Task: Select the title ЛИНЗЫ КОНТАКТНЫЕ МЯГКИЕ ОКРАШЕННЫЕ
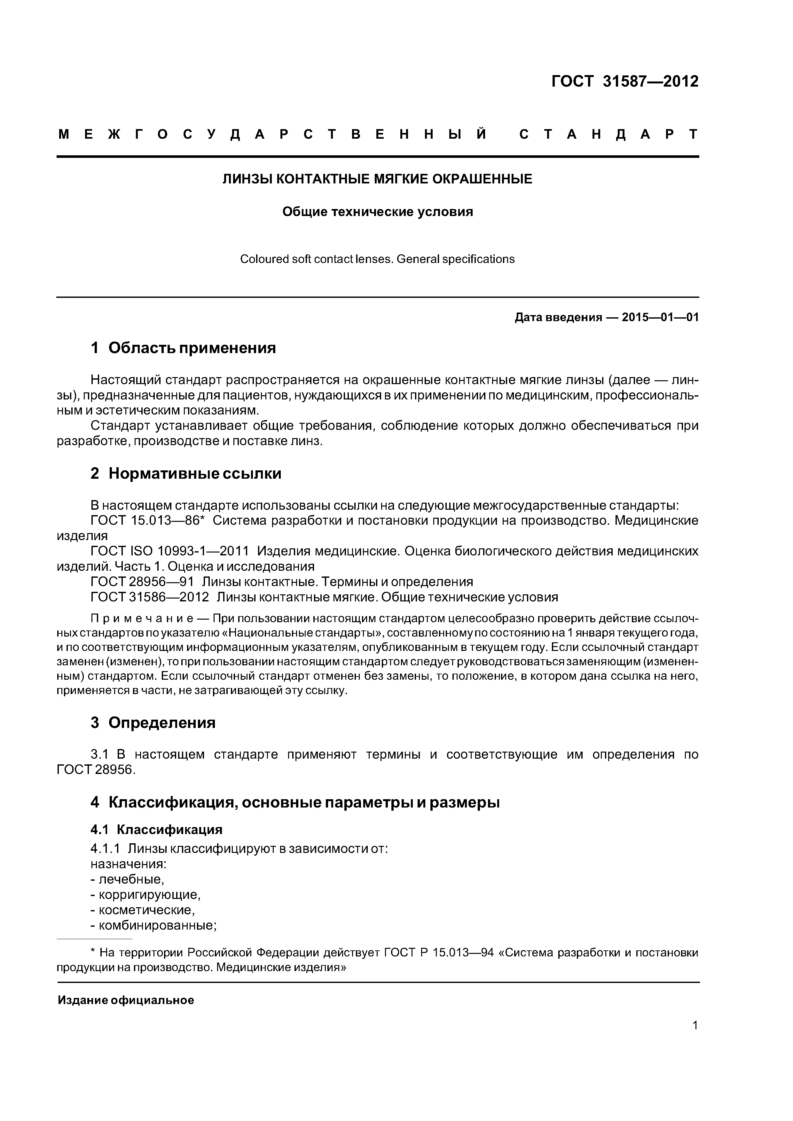coord(377,179)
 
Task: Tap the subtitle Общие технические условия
coord(377,212)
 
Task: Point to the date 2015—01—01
coord(660,318)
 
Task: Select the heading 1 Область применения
coord(183,348)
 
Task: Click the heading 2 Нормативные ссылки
coord(186,474)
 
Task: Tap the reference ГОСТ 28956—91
coord(142,582)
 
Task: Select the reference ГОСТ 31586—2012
coord(150,597)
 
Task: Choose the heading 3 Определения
coord(153,723)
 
